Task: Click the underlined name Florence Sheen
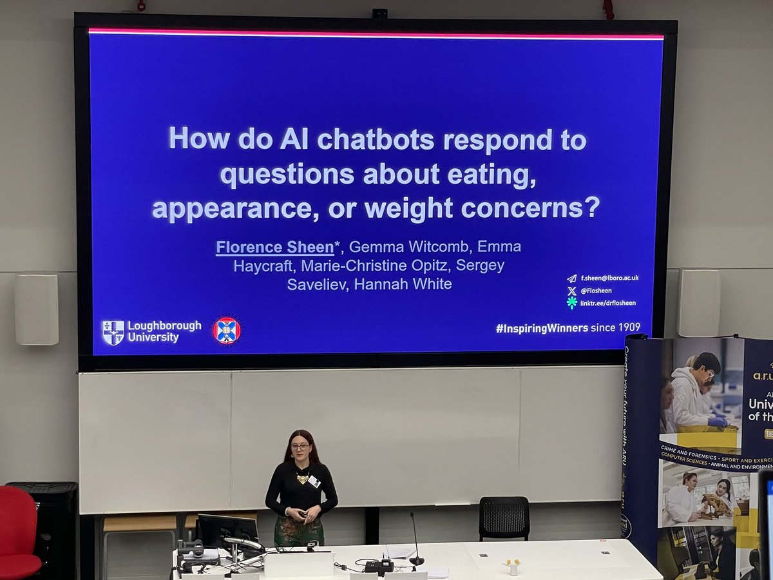[274, 247]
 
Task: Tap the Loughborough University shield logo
[113, 333]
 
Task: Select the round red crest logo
[227, 331]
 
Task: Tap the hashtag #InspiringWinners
[542, 328]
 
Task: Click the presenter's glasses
[300, 447]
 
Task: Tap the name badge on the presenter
[314, 481]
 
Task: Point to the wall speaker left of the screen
[37, 309]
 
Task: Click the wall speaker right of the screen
[698, 302]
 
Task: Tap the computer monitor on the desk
[227, 531]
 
